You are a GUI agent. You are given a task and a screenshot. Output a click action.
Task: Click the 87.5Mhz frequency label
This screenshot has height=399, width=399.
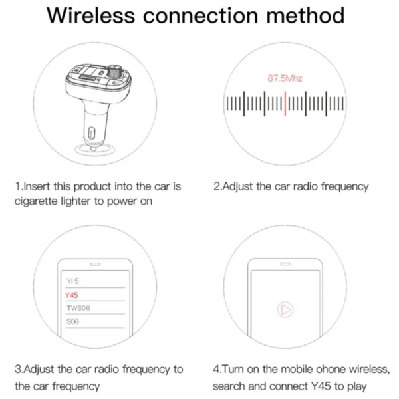pyautogui.click(x=285, y=79)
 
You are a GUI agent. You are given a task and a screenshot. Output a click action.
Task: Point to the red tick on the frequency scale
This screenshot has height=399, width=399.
pyautogui.click(x=285, y=104)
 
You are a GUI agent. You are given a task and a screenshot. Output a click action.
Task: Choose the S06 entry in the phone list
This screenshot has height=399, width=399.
pyautogui.click(x=72, y=321)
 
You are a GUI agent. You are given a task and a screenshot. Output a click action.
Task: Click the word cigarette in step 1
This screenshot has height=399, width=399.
pyautogui.click(x=39, y=201)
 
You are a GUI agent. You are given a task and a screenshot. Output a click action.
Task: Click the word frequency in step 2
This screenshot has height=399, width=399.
pyautogui.click(x=345, y=186)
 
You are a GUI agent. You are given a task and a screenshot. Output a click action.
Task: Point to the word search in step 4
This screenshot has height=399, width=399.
pyautogui.click(x=229, y=386)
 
